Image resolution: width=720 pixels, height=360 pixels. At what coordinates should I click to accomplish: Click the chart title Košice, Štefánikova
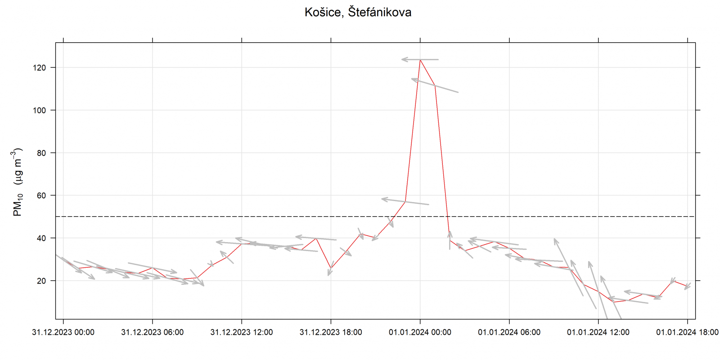click(x=358, y=12)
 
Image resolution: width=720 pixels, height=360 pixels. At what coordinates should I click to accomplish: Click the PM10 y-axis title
click(x=17, y=182)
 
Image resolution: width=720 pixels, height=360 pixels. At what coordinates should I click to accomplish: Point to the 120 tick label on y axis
click(x=39, y=67)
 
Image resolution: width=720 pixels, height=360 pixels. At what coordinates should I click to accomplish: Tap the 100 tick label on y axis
click(x=39, y=110)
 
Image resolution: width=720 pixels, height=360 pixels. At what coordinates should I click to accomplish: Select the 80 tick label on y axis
click(x=41, y=153)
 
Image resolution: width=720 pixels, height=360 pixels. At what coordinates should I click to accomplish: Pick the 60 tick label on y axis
click(x=41, y=195)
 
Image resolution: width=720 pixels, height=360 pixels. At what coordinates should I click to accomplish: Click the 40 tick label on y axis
click(x=41, y=238)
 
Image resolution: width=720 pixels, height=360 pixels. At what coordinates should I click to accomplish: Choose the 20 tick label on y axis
click(x=41, y=281)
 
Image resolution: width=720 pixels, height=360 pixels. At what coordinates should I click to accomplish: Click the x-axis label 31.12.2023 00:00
click(x=63, y=332)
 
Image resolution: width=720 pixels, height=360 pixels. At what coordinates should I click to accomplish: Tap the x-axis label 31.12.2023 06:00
click(x=152, y=332)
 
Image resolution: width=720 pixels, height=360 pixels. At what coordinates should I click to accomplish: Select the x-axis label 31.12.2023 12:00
click(x=242, y=332)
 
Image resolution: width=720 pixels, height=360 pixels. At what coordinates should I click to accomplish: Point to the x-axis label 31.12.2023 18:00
click(x=331, y=332)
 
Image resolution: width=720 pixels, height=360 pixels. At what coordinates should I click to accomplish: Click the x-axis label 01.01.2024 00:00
click(x=420, y=332)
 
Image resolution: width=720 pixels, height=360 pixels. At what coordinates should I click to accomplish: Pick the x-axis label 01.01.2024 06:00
click(x=509, y=332)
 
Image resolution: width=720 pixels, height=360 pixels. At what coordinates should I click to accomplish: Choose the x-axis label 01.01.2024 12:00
click(x=598, y=332)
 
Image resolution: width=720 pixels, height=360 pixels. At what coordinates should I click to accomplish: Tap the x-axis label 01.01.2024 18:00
click(x=687, y=332)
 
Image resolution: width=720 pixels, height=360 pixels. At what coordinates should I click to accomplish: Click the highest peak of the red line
click(x=420, y=60)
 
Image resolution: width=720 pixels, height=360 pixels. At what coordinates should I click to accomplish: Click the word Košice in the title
click(x=323, y=12)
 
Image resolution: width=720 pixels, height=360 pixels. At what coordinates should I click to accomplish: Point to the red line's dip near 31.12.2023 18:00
click(x=331, y=268)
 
